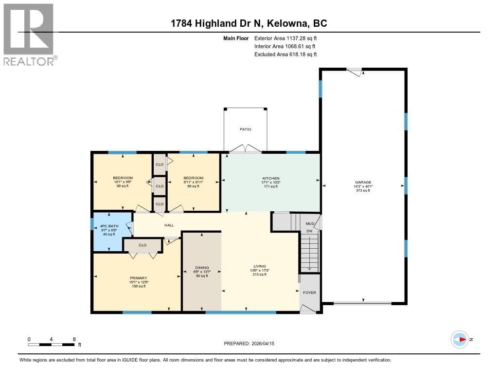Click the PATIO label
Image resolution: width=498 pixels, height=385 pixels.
pyautogui.click(x=246, y=129)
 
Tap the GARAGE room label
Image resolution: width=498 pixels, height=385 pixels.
pyautogui.click(x=362, y=182)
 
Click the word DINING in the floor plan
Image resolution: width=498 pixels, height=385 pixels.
pyautogui.click(x=202, y=268)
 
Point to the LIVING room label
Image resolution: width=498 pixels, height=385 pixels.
pyautogui.click(x=259, y=266)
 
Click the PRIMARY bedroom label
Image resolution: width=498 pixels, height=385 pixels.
pyautogui.click(x=138, y=278)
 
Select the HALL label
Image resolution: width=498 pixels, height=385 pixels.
pyautogui.click(x=169, y=225)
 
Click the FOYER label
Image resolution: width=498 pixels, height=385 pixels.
pyautogui.click(x=309, y=293)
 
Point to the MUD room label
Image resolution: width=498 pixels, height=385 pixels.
pyautogui.click(x=309, y=224)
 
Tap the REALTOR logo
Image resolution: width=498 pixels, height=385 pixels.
pyautogui.click(x=29, y=34)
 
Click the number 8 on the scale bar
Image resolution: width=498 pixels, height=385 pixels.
pyautogui.click(x=74, y=339)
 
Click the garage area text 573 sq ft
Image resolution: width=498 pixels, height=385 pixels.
pyautogui.click(x=362, y=190)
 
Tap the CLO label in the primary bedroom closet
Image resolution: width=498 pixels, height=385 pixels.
pyautogui.click(x=142, y=245)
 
